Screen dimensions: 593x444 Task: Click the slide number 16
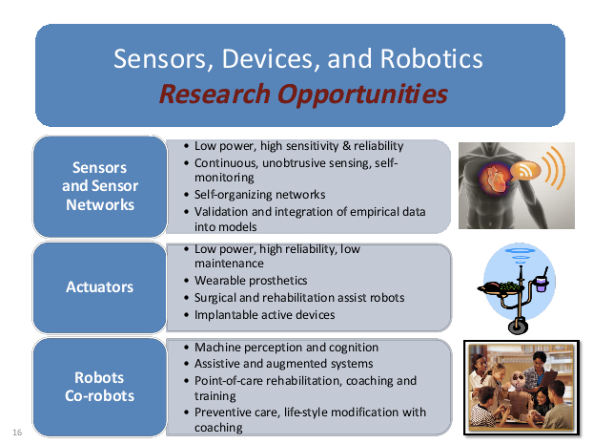click(17, 433)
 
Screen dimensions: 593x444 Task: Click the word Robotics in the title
click(431, 58)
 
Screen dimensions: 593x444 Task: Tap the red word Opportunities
click(362, 94)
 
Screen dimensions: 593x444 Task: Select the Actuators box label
click(100, 287)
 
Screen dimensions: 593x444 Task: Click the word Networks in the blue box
click(100, 205)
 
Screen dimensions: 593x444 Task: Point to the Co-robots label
click(99, 396)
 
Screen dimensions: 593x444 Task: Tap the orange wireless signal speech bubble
click(525, 171)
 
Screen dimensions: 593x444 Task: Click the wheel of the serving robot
click(518, 326)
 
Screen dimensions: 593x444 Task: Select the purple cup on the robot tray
click(542, 284)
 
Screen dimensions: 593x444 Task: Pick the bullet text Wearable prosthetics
click(251, 281)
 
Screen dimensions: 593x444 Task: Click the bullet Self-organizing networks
click(260, 195)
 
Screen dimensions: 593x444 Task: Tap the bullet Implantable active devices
click(265, 315)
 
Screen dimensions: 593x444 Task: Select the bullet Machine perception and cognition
click(286, 348)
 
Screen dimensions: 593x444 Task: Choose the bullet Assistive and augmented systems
click(284, 364)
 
